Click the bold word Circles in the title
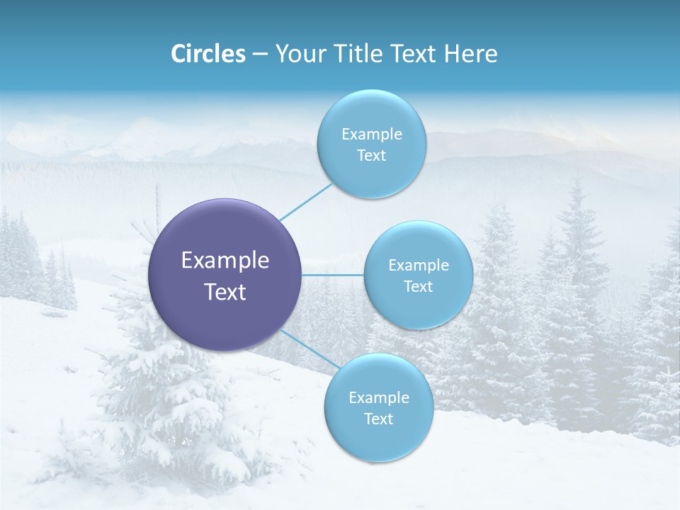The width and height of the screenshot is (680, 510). (208, 54)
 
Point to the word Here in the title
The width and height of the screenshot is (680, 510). (470, 54)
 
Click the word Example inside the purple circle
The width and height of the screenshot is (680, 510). (225, 260)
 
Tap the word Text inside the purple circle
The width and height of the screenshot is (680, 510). (225, 292)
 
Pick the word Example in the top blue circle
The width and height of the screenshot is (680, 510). (372, 134)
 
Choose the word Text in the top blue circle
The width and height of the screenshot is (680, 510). (372, 156)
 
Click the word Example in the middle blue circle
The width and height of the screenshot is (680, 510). (419, 265)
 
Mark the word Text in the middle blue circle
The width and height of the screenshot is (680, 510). (419, 286)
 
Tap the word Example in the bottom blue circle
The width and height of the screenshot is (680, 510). (379, 397)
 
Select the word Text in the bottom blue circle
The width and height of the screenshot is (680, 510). (379, 419)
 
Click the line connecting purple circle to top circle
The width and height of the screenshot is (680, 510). (306, 202)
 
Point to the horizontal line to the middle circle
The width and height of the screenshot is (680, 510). (333, 275)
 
